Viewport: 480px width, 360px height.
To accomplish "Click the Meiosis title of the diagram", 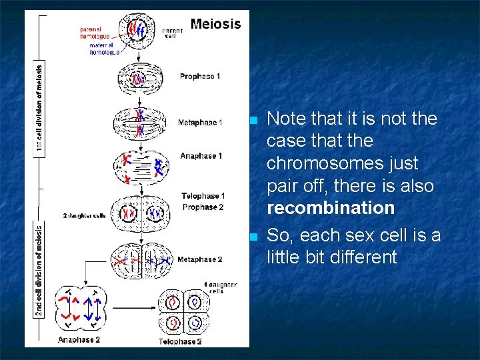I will tap(215, 24).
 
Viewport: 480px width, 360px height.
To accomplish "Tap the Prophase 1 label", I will tap(200, 77).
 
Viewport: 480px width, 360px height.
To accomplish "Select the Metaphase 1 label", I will tap(200, 123).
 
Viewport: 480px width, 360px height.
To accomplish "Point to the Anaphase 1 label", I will tap(201, 156).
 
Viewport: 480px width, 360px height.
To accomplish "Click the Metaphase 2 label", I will tap(200, 259).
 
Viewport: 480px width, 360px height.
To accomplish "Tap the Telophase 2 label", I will tap(180, 341).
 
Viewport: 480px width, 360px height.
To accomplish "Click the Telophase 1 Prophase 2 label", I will tap(203, 201).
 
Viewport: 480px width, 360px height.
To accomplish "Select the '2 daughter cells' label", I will tap(85, 216).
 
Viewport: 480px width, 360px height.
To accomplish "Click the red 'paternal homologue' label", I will tap(95, 33).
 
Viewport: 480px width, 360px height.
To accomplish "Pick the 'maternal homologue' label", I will tap(99, 48).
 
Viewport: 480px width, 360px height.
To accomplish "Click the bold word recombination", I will tap(331, 208).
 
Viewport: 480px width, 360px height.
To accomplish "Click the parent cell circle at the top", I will tap(140, 32).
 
